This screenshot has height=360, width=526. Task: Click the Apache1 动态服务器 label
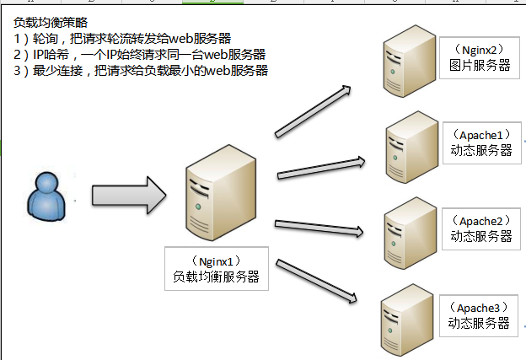point(480,142)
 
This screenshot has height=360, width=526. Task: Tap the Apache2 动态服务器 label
point(480,228)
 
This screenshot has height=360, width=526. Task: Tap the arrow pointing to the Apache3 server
point(319,279)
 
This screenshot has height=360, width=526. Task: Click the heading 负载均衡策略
point(50,21)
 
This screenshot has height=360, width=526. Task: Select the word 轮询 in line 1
point(46,38)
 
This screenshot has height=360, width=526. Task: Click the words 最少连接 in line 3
point(58,71)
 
